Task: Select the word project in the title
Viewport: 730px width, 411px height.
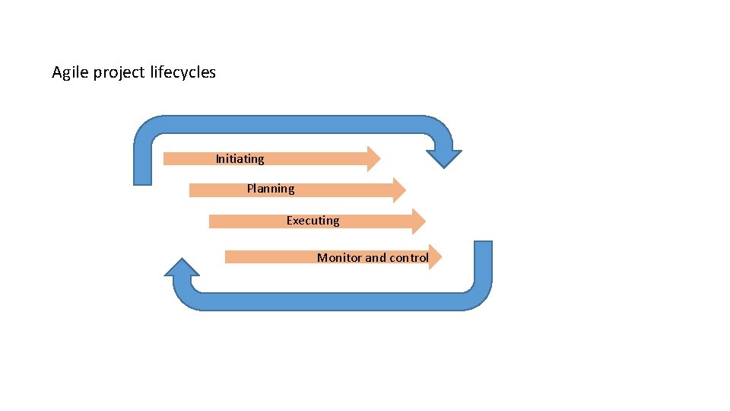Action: click(115, 73)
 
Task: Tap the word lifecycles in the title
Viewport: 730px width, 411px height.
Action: click(182, 73)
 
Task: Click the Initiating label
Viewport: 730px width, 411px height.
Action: click(240, 159)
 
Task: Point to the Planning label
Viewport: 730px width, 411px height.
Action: click(270, 189)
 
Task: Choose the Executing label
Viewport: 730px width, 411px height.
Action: click(313, 221)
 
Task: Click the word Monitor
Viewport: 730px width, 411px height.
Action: click(339, 258)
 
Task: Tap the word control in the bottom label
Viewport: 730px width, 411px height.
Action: click(409, 258)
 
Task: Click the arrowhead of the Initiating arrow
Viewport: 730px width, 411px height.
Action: click(373, 159)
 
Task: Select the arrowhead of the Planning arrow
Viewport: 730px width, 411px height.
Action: click(398, 190)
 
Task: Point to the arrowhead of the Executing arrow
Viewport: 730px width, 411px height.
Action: click(418, 221)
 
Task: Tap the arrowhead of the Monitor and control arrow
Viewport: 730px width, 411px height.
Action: click(435, 257)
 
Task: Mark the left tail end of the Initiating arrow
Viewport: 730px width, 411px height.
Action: click(167, 159)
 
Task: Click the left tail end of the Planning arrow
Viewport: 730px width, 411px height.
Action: click(192, 190)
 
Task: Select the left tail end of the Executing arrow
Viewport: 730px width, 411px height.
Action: click(212, 221)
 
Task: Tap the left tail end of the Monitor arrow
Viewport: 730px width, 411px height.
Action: click(228, 257)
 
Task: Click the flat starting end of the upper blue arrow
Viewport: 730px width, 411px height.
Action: click(143, 181)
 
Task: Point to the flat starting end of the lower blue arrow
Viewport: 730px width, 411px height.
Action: click(483, 245)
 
